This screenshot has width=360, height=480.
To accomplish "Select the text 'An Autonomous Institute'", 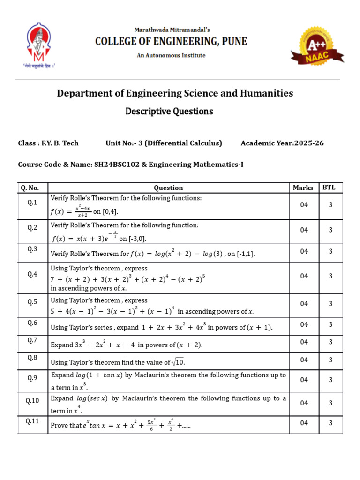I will (171, 55).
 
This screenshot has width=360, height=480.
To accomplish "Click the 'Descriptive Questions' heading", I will (169, 112).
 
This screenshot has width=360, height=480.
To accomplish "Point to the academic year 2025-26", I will (309, 143).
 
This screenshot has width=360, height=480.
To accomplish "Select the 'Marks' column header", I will (303, 187).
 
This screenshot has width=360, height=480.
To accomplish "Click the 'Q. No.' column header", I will (32, 187).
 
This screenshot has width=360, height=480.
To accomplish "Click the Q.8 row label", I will (32, 358).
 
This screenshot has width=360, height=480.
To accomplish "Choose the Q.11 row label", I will (32, 421).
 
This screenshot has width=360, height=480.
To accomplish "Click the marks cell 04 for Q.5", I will (304, 304).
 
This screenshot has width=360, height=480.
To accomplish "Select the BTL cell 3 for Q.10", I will (330, 403).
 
